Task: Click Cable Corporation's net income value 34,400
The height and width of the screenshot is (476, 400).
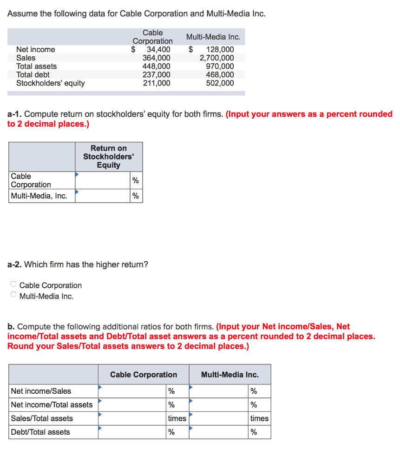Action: coord(158,50)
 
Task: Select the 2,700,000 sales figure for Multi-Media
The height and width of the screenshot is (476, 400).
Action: coord(216,58)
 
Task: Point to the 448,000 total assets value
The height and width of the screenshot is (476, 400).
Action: coord(156,66)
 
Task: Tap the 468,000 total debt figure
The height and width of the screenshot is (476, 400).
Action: coord(220,75)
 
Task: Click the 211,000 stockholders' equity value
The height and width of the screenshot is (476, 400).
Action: coord(156,83)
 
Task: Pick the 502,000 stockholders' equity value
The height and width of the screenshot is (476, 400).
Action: coord(220,83)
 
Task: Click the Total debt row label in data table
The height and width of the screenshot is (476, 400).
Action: coord(33,75)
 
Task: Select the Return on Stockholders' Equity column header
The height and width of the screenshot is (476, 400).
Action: coord(108,157)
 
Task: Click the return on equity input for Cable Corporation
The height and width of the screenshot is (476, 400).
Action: coord(103,180)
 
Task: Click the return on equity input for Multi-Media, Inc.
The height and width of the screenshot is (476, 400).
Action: coord(103,196)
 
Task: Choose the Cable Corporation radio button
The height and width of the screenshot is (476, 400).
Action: coord(13,284)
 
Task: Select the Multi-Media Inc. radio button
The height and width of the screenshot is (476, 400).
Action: coord(13,295)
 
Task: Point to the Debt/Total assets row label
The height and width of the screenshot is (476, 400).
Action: coord(40,432)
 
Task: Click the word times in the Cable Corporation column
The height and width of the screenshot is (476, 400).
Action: coord(177,418)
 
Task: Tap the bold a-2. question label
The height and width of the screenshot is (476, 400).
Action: coord(14,264)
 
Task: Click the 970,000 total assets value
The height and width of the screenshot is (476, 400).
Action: coord(220,66)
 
